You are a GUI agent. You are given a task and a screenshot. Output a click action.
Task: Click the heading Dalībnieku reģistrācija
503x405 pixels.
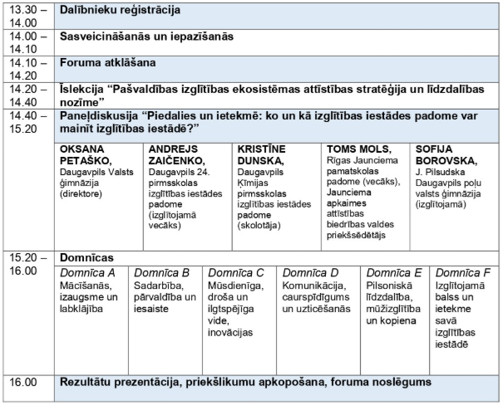[x=120, y=12]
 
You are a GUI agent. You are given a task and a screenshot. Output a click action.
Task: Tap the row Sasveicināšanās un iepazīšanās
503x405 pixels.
[x=146, y=37]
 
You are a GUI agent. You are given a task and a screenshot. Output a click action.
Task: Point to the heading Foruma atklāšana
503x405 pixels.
[x=108, y=62]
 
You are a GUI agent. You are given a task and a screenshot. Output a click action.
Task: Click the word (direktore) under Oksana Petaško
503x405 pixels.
[x=81, y=193]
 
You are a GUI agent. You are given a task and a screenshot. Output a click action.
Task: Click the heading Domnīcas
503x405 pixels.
[x=87, y=258]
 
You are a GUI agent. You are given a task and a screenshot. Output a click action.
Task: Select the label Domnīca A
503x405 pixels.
[x=87, y=273]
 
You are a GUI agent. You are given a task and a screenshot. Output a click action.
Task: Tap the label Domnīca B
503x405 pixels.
[x=162, y=273]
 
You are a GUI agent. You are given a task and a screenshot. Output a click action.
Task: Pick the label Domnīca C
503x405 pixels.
[x=236, y=273]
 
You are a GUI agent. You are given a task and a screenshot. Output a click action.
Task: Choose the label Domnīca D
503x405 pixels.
[x=311, y=273]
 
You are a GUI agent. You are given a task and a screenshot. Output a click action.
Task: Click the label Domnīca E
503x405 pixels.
[x=394, y=273]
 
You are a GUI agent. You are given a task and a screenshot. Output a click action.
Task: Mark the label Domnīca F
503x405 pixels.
[x=463, y=273]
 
